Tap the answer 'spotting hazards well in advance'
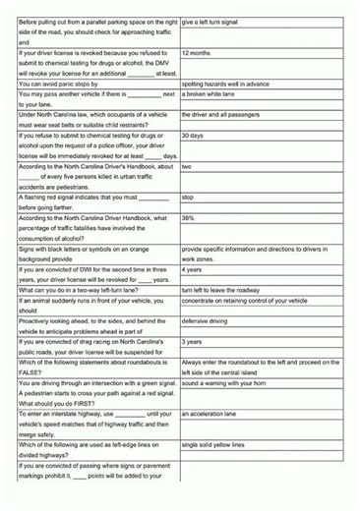coord(231,85)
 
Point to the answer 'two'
coord(187,167)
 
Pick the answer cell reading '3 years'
coord(194,342)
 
